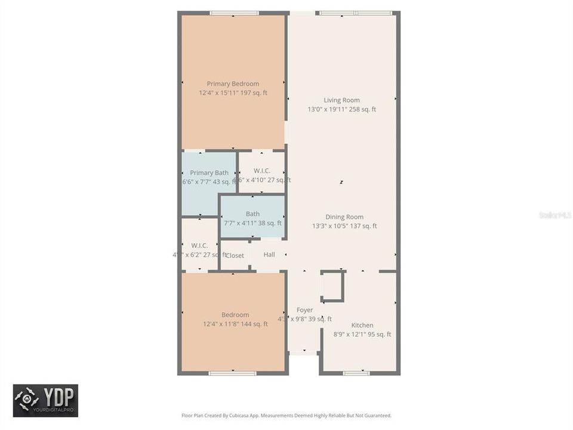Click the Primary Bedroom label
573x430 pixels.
[x=233, y=84]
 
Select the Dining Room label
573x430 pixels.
[x=344, y=217]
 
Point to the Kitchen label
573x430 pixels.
[x=362, y=325]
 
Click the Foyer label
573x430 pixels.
[x=304, y=310]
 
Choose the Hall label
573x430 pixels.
[x=269, y=255]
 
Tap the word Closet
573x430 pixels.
[x=235, y=256]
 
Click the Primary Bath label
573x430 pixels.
[x=209, y=173]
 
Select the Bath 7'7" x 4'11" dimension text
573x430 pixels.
[x=252, y=223]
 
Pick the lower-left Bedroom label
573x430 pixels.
[x=235, y=315]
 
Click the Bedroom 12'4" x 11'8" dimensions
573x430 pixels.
[x=235, y=324]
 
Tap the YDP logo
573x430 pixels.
[x=45, y=400]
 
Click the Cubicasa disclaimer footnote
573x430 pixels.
[x=286, y=415]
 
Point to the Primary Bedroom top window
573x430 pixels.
[x=234, y=13]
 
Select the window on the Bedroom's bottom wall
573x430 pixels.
[x=233, y=373]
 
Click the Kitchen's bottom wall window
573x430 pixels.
[x=356, y=373]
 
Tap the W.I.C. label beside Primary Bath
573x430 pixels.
[x=261, y=171]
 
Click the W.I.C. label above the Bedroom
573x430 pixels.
[x=199, y=245]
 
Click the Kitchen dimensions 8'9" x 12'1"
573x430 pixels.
[x=362, y=334]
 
